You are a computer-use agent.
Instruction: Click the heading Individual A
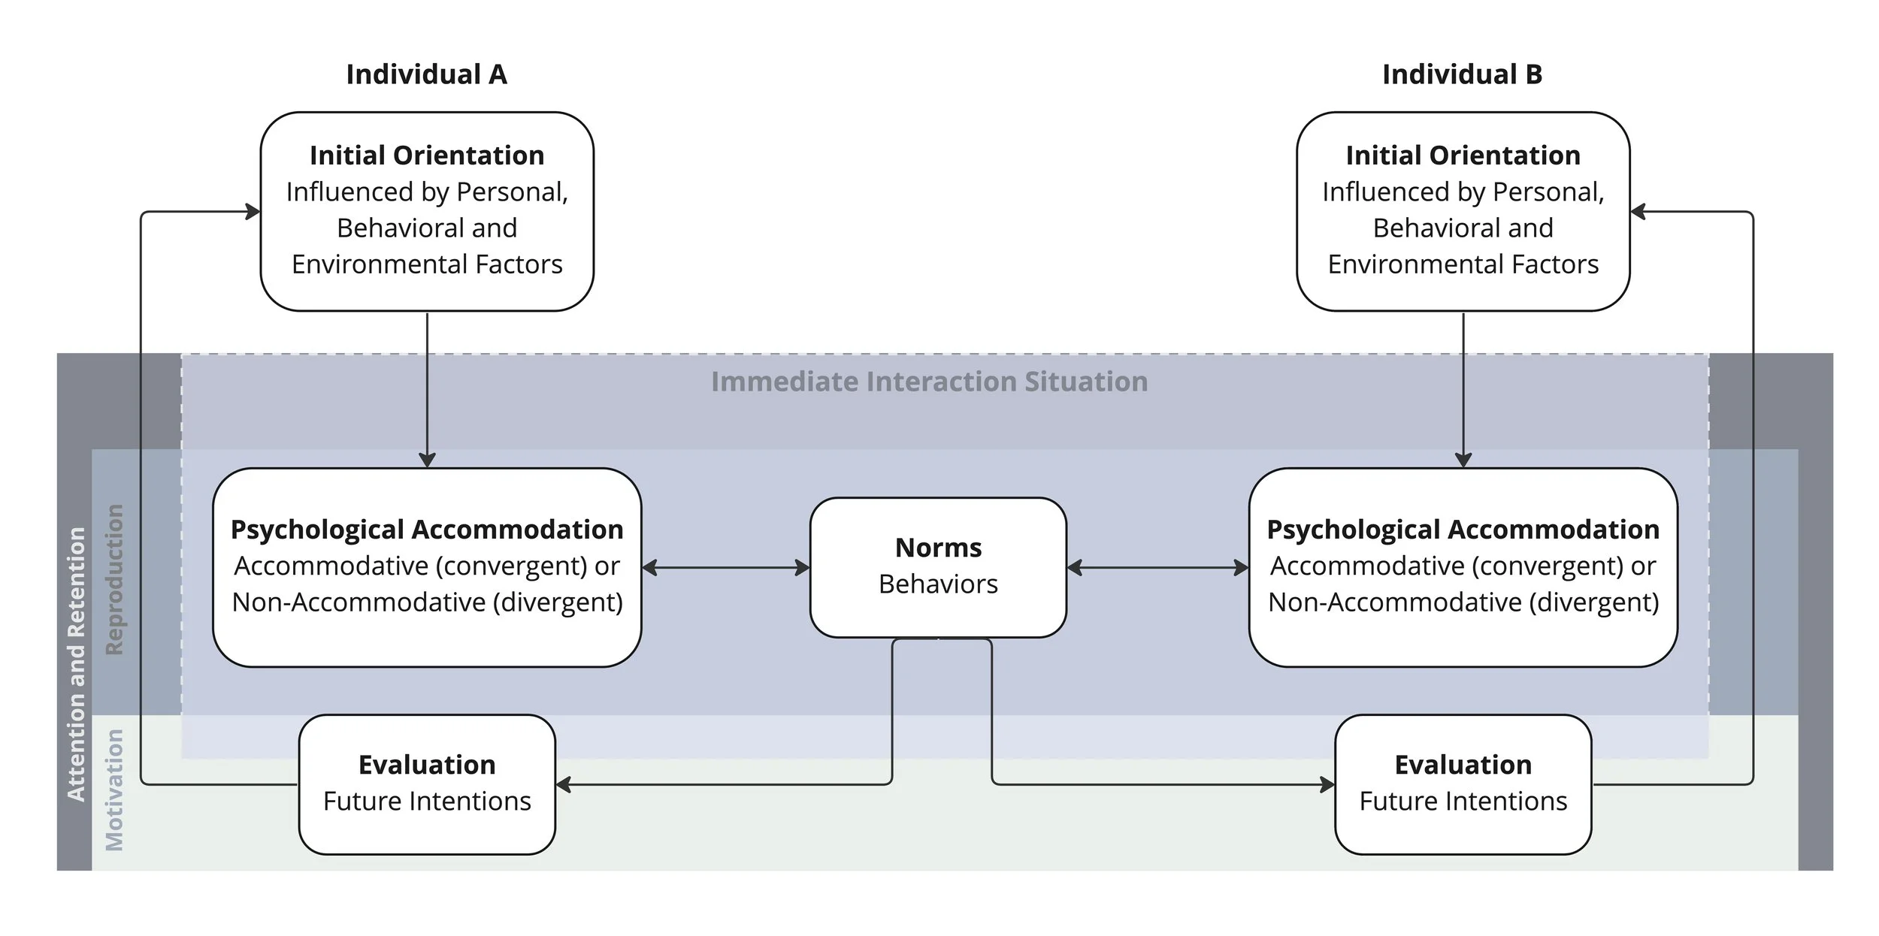(426, 74)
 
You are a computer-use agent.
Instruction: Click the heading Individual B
(1462, 74)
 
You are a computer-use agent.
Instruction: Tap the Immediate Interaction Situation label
(929, 382)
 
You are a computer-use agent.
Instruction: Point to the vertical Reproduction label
(113, 579)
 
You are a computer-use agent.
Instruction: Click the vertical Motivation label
(113, 790)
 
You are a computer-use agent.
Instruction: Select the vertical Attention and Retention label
(76, 664)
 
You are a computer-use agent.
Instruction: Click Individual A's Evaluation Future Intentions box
(427, 784)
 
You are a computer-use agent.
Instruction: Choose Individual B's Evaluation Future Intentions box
(1463, 784)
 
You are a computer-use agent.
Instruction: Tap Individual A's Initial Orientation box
(427, 211)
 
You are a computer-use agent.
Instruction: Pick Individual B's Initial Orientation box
(1463, 211)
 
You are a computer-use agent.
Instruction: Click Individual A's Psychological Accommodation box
(427, 567)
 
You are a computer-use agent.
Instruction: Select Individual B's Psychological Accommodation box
(1463, 567)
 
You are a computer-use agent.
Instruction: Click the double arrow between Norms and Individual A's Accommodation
(725, 568)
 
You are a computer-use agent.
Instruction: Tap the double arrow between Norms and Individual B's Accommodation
(1157, 568)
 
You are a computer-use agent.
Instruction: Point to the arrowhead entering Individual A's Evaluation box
(564, 784)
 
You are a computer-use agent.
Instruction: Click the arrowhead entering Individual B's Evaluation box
(1327, 784)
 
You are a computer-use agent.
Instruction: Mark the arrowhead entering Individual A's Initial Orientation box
(253, 212)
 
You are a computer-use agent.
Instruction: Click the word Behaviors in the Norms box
(938, 584)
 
